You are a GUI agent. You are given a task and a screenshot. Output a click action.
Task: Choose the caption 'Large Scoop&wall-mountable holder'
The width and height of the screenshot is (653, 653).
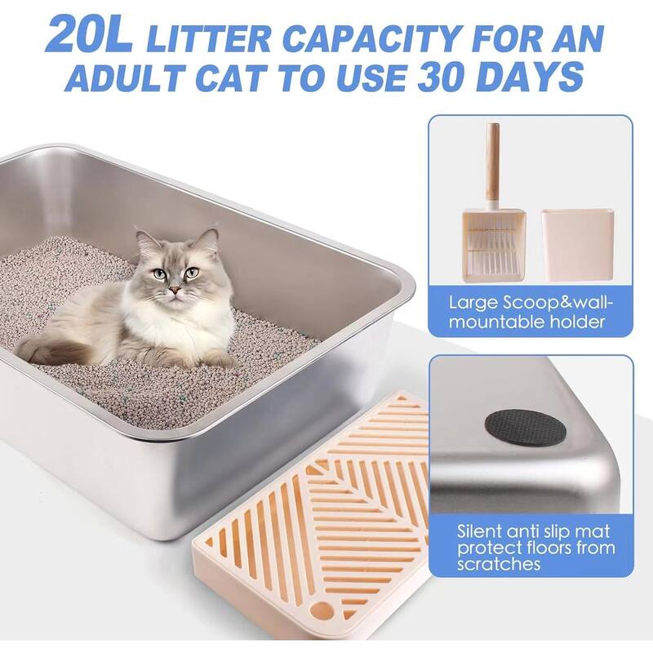pos(530,311)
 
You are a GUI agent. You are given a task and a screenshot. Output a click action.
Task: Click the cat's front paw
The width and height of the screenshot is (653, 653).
pos(216,359)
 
